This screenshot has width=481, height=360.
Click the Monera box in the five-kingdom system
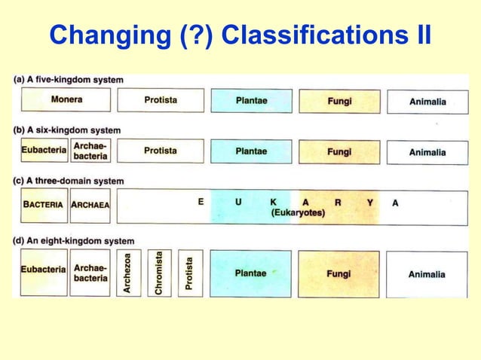tap(66, 100)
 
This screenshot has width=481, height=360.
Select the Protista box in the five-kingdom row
tap(161, 100)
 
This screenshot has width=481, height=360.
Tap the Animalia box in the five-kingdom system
tap(427, 101)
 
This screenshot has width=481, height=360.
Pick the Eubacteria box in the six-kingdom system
tap(44, 151)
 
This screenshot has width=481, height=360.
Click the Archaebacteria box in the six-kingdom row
tap(90, 151)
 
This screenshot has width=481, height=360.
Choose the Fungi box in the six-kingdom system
tap(339, 151)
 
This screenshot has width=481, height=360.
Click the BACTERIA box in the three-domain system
tap(44, 205)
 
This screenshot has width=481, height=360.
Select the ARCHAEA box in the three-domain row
tap(90, 205)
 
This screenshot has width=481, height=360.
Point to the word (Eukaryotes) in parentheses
tap(298, 213)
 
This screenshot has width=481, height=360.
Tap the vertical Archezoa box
tap(128, 273)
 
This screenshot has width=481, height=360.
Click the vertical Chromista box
tap(159, 273)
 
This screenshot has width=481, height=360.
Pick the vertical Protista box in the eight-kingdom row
tap(190, 273)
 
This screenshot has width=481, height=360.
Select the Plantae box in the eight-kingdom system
tap(250, 273)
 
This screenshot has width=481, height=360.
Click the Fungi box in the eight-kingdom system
tap(339, 273)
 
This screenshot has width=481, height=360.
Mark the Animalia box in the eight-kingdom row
tap(427, 274)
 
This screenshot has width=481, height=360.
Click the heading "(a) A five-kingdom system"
tap(69, 80)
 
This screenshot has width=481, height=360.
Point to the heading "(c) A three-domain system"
tap(69, 181)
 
